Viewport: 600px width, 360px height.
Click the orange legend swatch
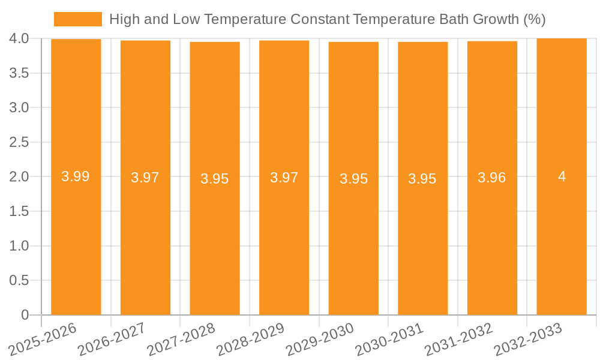(x=78, y=19)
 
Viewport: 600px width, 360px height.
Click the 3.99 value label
(x=76, y=176)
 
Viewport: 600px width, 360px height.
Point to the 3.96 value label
(x=492, y=178)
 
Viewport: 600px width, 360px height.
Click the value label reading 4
(x=562, y=176)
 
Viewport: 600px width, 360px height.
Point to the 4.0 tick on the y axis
(x=19, y=39)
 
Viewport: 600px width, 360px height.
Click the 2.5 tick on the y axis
(x=19, y=142)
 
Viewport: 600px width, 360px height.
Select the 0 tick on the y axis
(x=25, y=315)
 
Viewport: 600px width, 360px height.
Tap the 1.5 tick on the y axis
(x=19, y=211)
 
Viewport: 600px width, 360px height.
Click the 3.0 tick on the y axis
(x=19, y=108)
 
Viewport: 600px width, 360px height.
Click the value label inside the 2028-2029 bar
(x=284, y=178)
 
